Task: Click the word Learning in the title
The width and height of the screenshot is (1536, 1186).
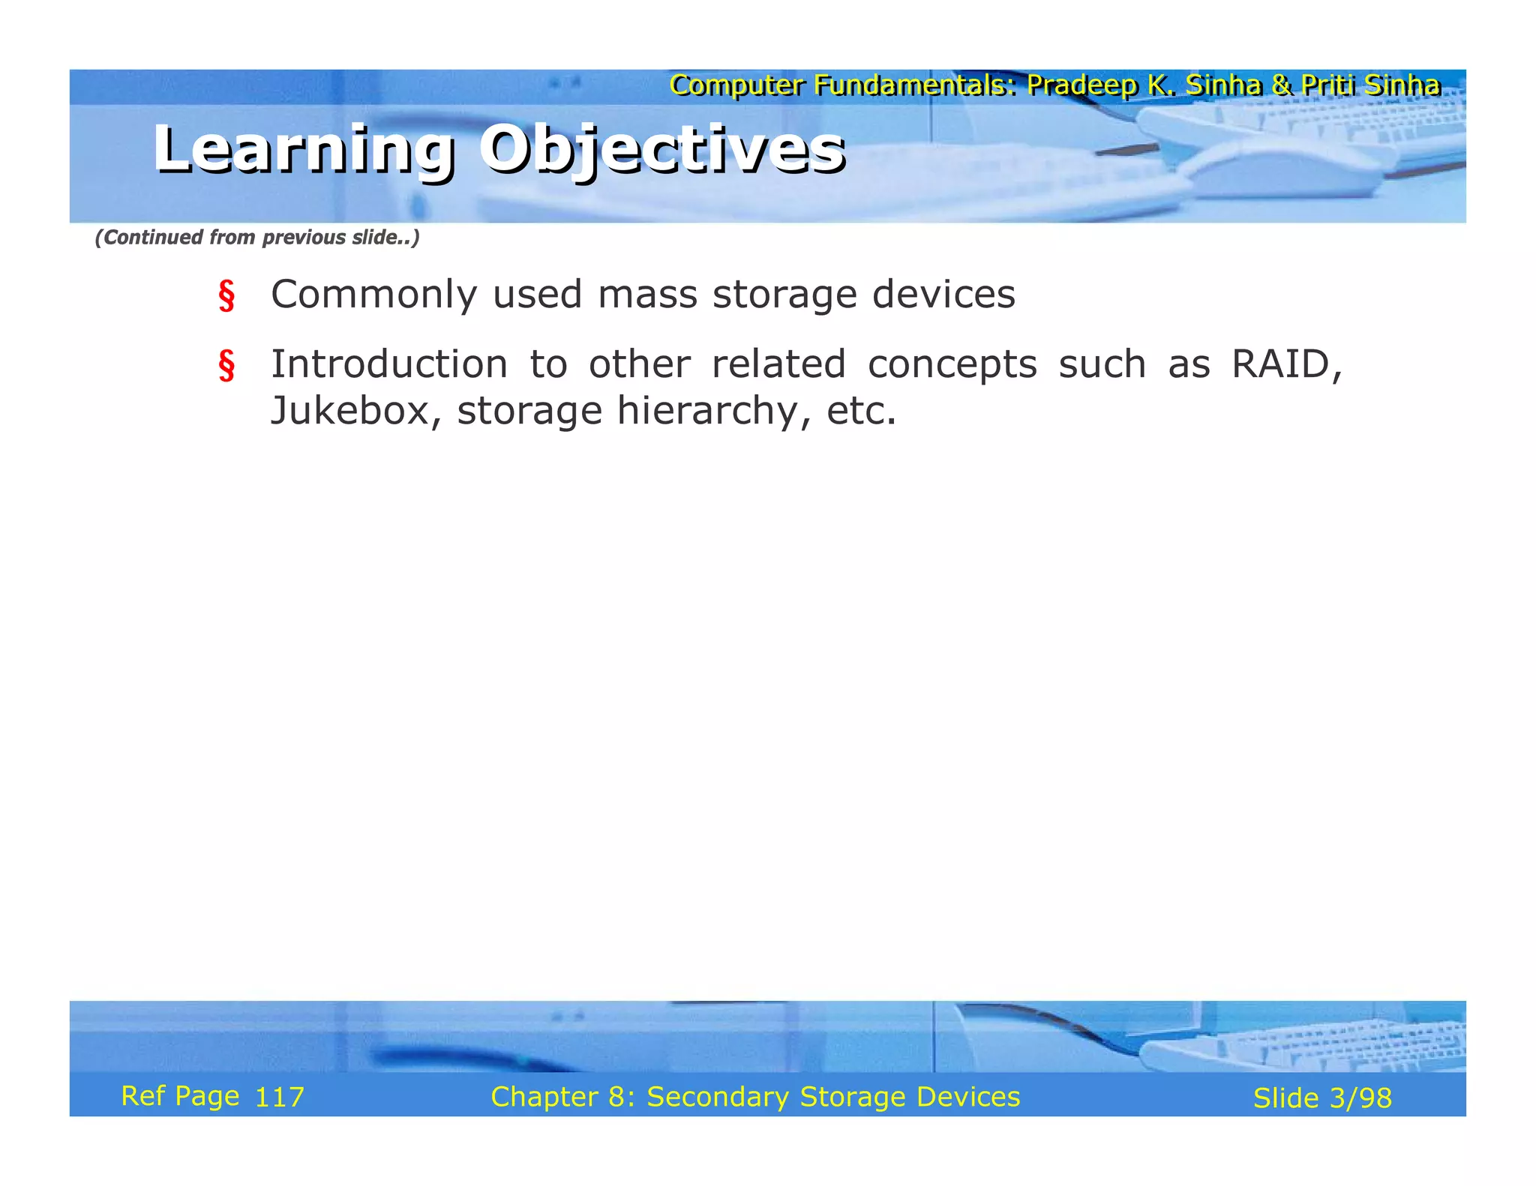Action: [303, 149]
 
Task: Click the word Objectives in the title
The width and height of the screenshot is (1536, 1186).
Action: [661, 149]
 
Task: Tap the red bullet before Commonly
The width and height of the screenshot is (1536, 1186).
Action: [226, 295]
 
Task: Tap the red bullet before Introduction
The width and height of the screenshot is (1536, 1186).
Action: [226, 365]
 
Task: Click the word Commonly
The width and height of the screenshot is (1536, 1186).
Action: [373, 295]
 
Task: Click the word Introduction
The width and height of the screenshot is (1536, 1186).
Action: [388, 364]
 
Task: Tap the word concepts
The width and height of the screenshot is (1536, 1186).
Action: [951, 364]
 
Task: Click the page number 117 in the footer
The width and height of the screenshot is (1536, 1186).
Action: [279, 1098]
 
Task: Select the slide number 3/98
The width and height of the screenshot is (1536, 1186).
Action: [1360, 1098]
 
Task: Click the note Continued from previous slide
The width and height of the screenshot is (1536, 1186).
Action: [256, 238]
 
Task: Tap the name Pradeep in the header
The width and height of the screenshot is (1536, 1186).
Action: [1081, 85]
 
